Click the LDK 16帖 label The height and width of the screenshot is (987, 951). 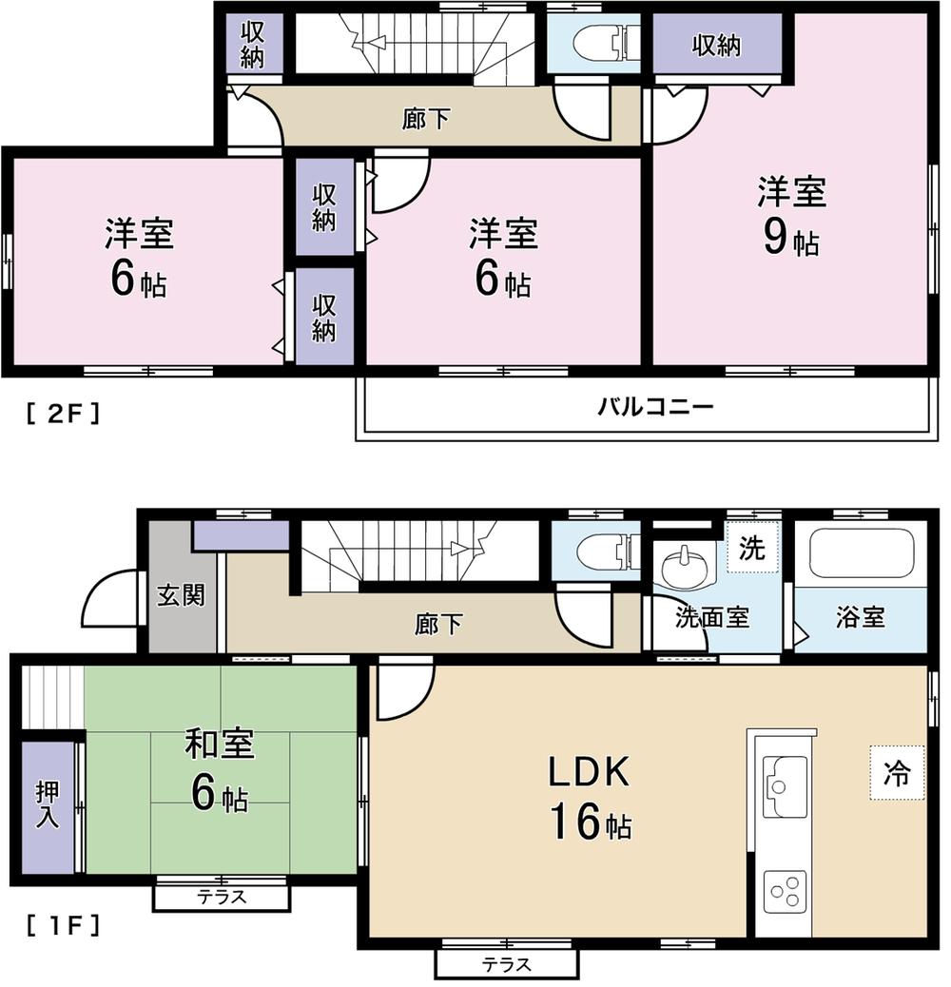tap(588, 797)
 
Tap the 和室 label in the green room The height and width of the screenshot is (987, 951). tap(220, 745)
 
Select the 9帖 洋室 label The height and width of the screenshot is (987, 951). tap(791, 216)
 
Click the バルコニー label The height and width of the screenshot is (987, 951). tap(655, 408)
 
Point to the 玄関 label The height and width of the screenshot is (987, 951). tap(181, 597)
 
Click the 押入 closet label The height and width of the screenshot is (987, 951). tap(48, 804)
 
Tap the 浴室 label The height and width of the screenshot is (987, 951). tap(860, 617)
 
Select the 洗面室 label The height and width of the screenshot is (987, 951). tap(711, 618)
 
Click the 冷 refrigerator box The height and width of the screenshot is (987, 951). tap(896, 774)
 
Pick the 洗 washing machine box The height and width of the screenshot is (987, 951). tap(752, 549)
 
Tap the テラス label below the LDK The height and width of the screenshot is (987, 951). tap(506, 964)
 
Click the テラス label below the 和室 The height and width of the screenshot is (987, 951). tap(222, 897)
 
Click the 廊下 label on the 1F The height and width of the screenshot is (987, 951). tap(438, 624)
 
